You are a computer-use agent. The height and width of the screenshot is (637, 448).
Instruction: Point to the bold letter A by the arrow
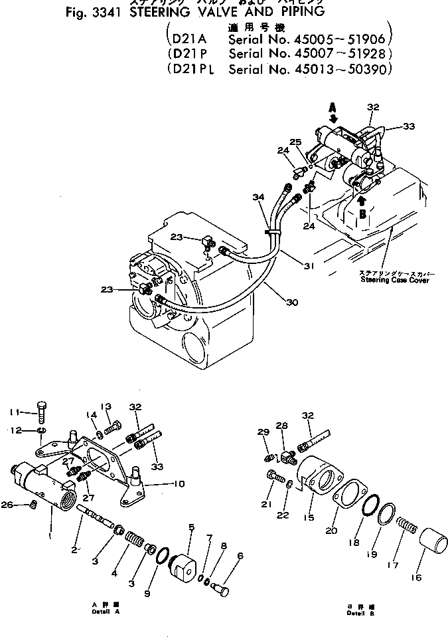(x=333, y=106)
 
